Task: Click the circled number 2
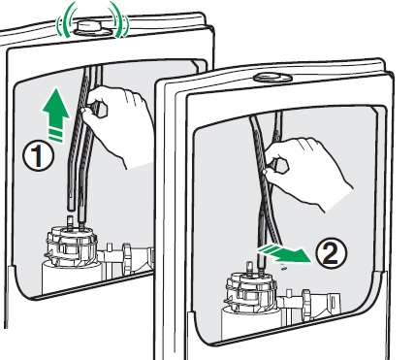click(x=331, y=253)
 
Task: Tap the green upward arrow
click(x=55, y=115)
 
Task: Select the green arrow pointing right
click(x=283, y=253)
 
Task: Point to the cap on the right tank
click(x=272, y=78)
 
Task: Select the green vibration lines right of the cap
click(x=119, y=18)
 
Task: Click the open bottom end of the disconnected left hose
click(x=71, y=207)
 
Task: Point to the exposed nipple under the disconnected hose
click(x=70, y=221)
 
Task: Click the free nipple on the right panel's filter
click(x=249, y=267)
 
